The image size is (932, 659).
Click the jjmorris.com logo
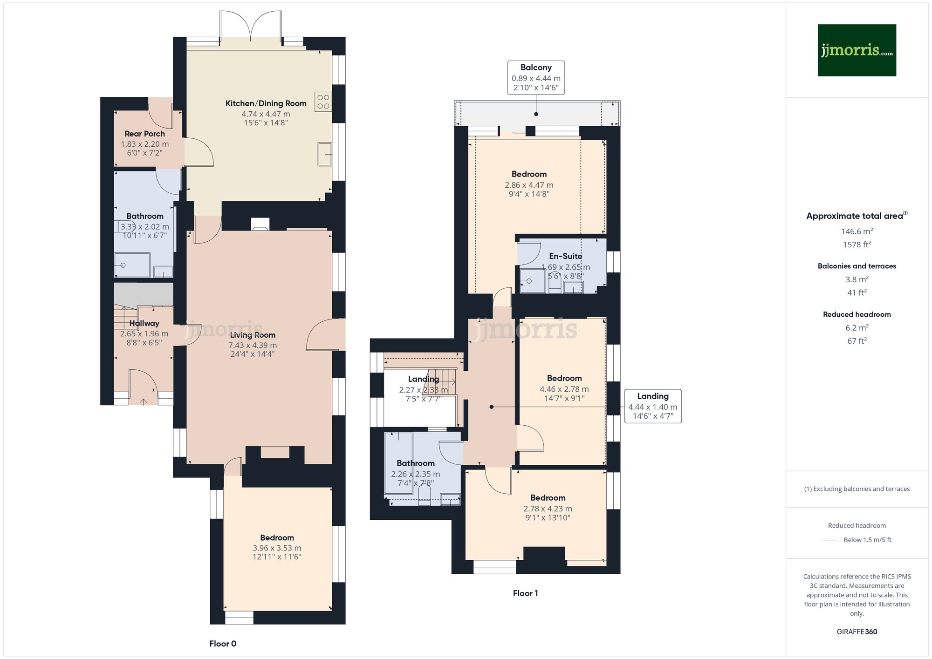click(x=857, y=50)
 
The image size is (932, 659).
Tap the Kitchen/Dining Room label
click(x=266, y=103)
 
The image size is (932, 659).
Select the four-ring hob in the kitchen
click(x=323, y=102)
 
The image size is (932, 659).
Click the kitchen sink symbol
click(x=325, y=154)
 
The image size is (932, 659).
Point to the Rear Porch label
click(x=144, y=134)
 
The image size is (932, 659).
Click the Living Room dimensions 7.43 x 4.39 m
click(x=253, y=345)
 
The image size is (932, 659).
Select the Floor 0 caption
click(x=223, y=644)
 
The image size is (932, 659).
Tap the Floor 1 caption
click(x=525, y=593)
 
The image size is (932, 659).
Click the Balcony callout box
click(x=536, y=77)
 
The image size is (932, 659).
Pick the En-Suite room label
click(x=565, y=256)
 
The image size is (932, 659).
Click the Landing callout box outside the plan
click(x=652, y=406)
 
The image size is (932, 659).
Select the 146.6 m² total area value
click(x=857, y=231)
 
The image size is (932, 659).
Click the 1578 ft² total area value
click(x=857, y=245)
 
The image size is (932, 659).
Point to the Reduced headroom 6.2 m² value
click(x=857, y=328)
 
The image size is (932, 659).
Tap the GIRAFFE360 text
click(x=857, y=632)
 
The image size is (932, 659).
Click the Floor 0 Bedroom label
click(x=277, y=537)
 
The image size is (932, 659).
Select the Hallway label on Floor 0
click(x=144, y=323)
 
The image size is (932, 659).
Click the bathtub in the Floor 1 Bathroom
click(x=398, y=463)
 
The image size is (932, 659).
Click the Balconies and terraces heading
click(x=857, y=266)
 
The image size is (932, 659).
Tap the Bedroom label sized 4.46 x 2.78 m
click(x=564, y=378)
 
